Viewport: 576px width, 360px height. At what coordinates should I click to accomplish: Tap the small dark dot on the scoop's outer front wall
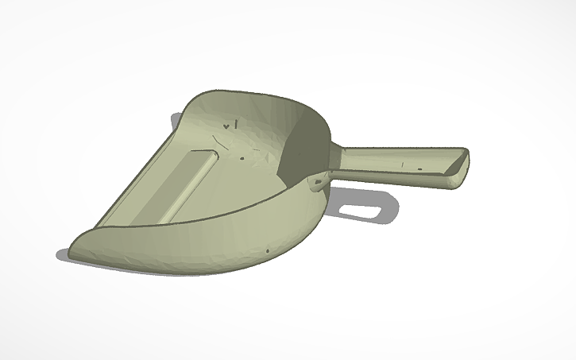point(267,251)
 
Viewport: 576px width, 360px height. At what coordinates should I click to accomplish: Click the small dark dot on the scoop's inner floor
point(242,157)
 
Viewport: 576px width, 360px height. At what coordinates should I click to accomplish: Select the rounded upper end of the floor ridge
point(212,155)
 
